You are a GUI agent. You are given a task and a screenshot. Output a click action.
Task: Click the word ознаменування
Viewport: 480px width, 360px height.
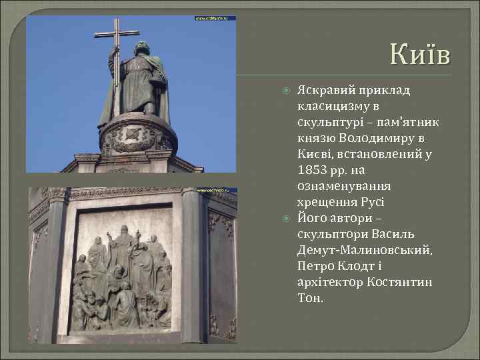point(344,185)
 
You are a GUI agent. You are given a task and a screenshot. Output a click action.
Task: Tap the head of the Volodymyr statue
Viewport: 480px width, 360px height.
point(141,48)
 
